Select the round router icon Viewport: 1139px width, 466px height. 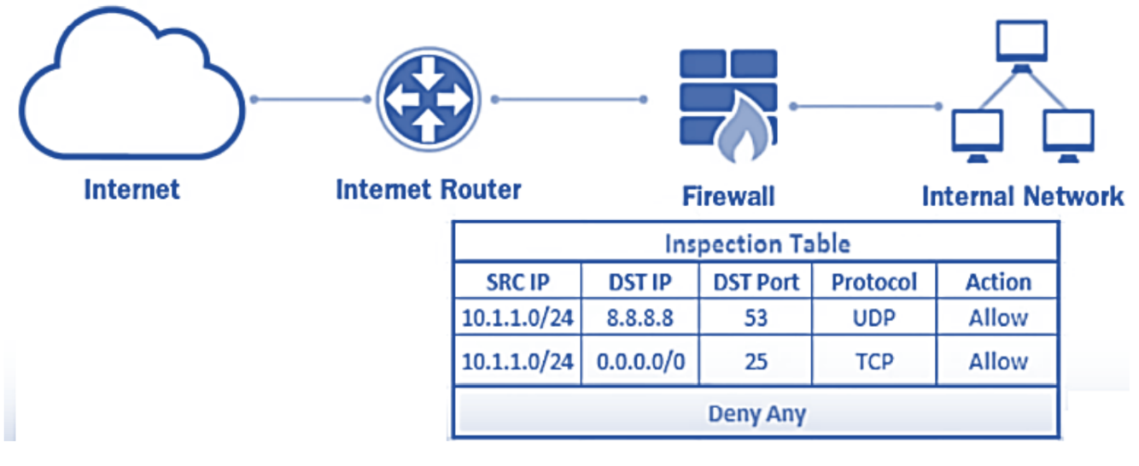pyautogui.click(x=425, y=99)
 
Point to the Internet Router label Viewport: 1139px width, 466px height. pyautogui.click(x=428, y=189)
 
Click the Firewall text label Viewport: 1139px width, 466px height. pyautogui.click(x=728, y=196)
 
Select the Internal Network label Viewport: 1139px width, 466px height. pyautogui.click(x=1023, y=196)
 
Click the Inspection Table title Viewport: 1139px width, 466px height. pyautogui.click(x=757, y=244)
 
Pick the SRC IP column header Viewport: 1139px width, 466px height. pyautogui.click(x=517, y=282)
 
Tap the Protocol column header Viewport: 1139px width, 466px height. pyautogui.click(x=874, y=282)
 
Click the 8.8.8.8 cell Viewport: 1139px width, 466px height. pyautogui.click(x=640, y=318)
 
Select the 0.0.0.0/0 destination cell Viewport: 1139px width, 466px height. pyautogui.click(x=640, y=361)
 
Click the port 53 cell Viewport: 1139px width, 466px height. pyautogui.click(x=756, y=318)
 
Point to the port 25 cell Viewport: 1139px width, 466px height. pyautogui.click(x=756, y=361)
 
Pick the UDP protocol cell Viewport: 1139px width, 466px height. pyautogui.click(x=873, y=318)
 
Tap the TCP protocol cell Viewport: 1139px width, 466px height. pyautogui.click(x=873, y=361)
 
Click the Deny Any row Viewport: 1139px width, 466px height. pyautogui.click(x=756, y=415)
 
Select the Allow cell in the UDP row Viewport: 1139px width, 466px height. pyautogui.click(x=997, y=318)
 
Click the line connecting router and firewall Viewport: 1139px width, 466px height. pyautogui.click(x=568, y=100)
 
